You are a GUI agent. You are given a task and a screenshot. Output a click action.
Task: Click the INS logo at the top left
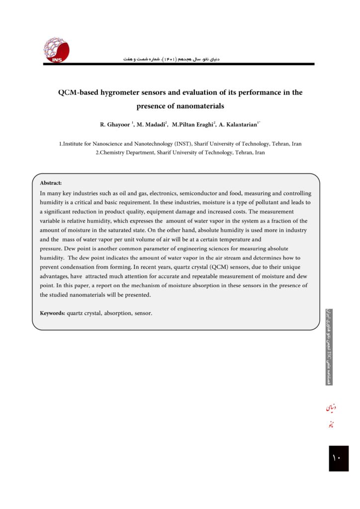[56, 50]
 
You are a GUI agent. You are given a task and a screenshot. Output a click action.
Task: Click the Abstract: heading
[51, 183]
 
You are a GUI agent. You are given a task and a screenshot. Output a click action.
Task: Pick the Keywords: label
[53, 313]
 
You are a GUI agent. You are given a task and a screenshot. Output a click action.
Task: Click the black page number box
[338, 458]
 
